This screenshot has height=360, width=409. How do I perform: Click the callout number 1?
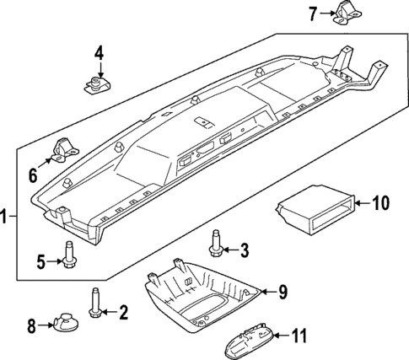pos(6,217)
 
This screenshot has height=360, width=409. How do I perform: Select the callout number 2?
pos(123,313)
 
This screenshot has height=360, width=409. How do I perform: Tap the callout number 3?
pos(245,250)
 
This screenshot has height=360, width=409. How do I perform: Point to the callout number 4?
pos(99,53)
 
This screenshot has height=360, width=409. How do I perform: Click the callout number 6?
pos(33,175)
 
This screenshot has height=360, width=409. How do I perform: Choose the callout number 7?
pos(313,13)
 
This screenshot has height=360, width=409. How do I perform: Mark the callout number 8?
pos(31,325)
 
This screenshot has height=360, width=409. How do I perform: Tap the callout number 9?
pos(283,292)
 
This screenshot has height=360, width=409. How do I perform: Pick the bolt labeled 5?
pos(67,254)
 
